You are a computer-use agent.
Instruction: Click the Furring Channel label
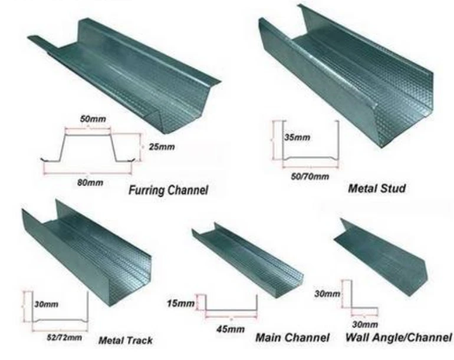(x=168, y=190)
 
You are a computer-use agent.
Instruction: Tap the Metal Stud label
(x=376, y=189)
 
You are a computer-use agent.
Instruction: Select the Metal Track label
(x=125, y=340)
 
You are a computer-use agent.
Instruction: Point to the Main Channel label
(x=292, y=338)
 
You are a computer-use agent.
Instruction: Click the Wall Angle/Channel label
(x=398, y=338)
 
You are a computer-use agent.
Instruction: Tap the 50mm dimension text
(x=93, y=119)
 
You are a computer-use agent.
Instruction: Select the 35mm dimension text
(x=297, y=137)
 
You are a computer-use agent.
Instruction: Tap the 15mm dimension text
(x=180, y=303)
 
